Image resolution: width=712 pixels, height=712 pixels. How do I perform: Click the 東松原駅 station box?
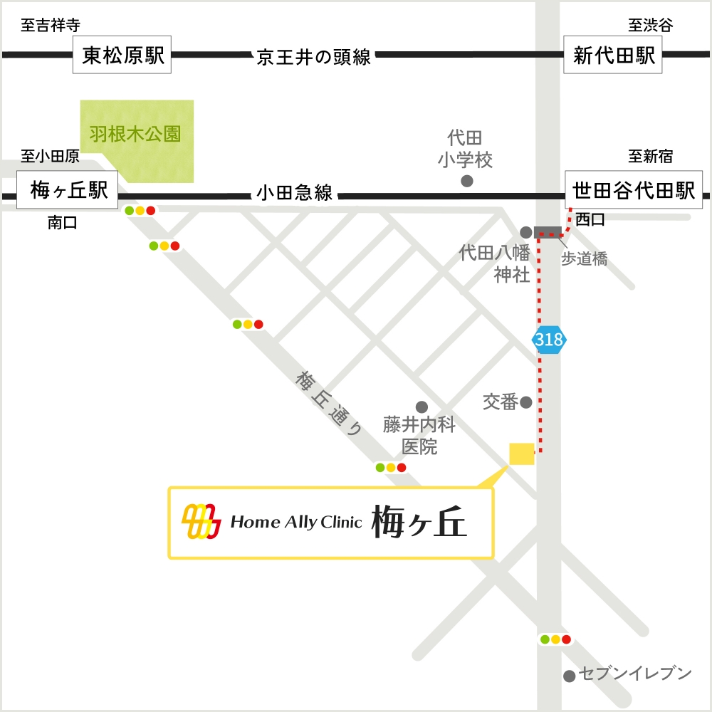[x=124, y=56]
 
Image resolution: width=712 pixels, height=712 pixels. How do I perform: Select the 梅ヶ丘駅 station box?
[x=68, y=189]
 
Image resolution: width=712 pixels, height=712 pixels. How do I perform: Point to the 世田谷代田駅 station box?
[x=634, y=189]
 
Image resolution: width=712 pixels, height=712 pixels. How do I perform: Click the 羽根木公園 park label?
[x=135, y=134]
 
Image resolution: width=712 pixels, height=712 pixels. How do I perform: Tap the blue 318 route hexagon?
[x=549, y=340]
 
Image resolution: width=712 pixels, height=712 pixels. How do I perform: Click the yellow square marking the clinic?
[x=522, y=454]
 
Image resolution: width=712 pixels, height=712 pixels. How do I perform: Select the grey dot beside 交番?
[x=526, y=402]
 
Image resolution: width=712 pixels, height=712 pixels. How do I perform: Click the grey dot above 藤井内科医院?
[x=422, y=407]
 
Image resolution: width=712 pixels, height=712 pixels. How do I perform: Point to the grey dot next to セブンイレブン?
[x=570, y=676]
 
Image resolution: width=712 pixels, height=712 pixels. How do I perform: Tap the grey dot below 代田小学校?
[x=467, y=181]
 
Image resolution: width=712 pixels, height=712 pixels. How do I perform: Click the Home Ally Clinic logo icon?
[x=201, y=522]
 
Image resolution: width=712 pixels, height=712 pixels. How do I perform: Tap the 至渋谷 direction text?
[x=650, y=26]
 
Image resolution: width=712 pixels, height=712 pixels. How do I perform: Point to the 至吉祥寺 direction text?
[x=50, y=26]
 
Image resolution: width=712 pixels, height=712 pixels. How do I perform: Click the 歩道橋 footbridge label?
[x=585, y=260]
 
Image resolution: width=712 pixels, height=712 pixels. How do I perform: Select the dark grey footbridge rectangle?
[x=548, y=231]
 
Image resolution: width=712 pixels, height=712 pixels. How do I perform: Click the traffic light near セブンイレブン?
[x=555, y=639]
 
